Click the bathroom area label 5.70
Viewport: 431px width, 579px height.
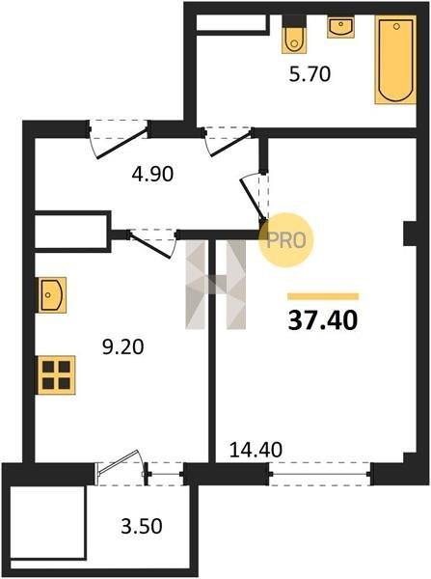tap(310, 74)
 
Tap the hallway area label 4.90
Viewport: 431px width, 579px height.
tap(152, 174)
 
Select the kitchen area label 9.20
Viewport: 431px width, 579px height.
tap(122, 347)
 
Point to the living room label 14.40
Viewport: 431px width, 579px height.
tap(256, 450)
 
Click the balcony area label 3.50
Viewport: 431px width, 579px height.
tap(142, 526)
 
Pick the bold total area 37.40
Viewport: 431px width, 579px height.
tap(323, 320)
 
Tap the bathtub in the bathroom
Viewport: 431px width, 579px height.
tap(395, 60)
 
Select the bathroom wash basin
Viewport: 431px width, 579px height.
tap(341, 28)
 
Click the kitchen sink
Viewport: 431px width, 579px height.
tap(52, 295)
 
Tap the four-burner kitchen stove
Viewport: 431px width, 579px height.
tap(57, 374)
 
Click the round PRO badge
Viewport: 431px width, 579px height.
tap(286, 240)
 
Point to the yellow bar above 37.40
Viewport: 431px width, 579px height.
tap(323, 296)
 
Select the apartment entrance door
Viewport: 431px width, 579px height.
tap(118, 138)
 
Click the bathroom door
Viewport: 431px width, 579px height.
tap(228, 141)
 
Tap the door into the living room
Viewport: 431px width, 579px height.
tap(256, 197)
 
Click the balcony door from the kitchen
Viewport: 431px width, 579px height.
tap(121, 467)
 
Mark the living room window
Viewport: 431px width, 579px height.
tap(319, 474)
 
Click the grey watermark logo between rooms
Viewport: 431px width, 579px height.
tap(216, 285)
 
